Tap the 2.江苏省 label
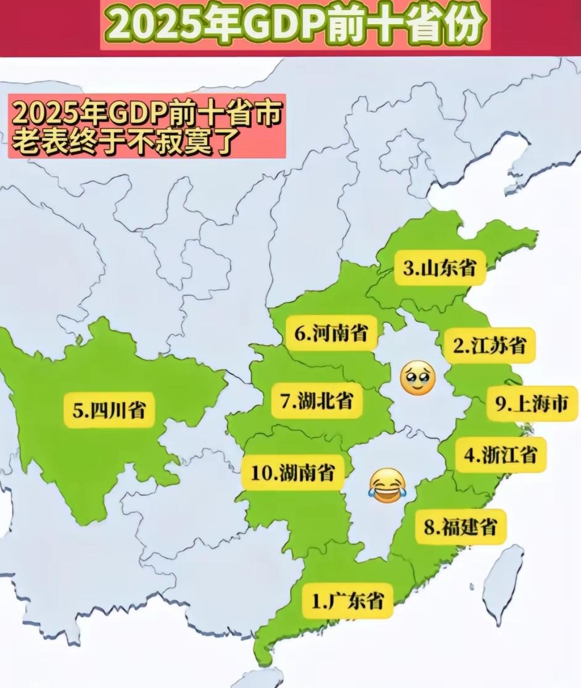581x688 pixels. pyautogui.click(x=490, y=345)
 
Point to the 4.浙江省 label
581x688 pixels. pyautogui.click(x=501, y=455)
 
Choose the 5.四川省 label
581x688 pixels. pyautogui.click(x=109, y=411)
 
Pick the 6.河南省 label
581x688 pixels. pyautogui.click(x=331, y=333)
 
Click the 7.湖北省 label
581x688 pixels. pyautogui.click(x=317, y=401)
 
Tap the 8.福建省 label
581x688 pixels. pyautogui.click(x=460, y=526)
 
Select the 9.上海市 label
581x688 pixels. pyautogui.click(x=532, y=403)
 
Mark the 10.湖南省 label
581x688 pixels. pyautogui.click(x=293, y=473)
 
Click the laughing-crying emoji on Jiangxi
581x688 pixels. pyautogui.click(x=387, y=486)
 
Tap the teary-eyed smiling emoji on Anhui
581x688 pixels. pyautogui.click(x=418, y=378)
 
